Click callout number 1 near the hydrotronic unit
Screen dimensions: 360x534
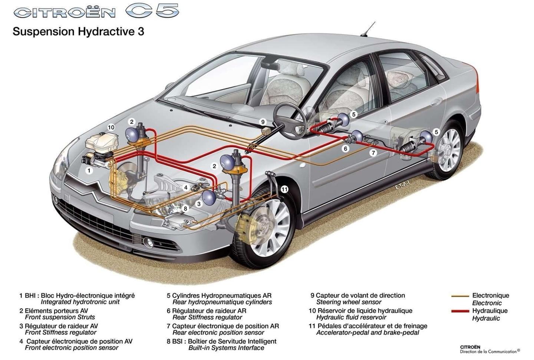point(89,171)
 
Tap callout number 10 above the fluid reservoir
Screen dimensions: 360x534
point(111,127)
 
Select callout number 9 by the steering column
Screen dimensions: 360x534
point(263,122)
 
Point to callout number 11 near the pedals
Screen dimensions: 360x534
point(284,189)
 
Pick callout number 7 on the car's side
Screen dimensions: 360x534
point(373,152)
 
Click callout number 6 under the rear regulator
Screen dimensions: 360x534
point(346,149)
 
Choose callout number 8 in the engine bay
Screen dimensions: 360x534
point(186,209)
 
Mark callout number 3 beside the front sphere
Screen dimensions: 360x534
point(199,204)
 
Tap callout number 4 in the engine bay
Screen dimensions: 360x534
point(186,188)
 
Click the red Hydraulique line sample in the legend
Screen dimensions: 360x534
point(460,311)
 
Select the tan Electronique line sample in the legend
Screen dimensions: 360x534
point(460,296)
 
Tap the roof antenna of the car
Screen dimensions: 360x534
point(369,30)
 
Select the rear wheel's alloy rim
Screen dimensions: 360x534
point(451,149)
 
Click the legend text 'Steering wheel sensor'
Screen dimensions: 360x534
point(349,302)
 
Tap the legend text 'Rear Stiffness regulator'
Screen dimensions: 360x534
point(207,317)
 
